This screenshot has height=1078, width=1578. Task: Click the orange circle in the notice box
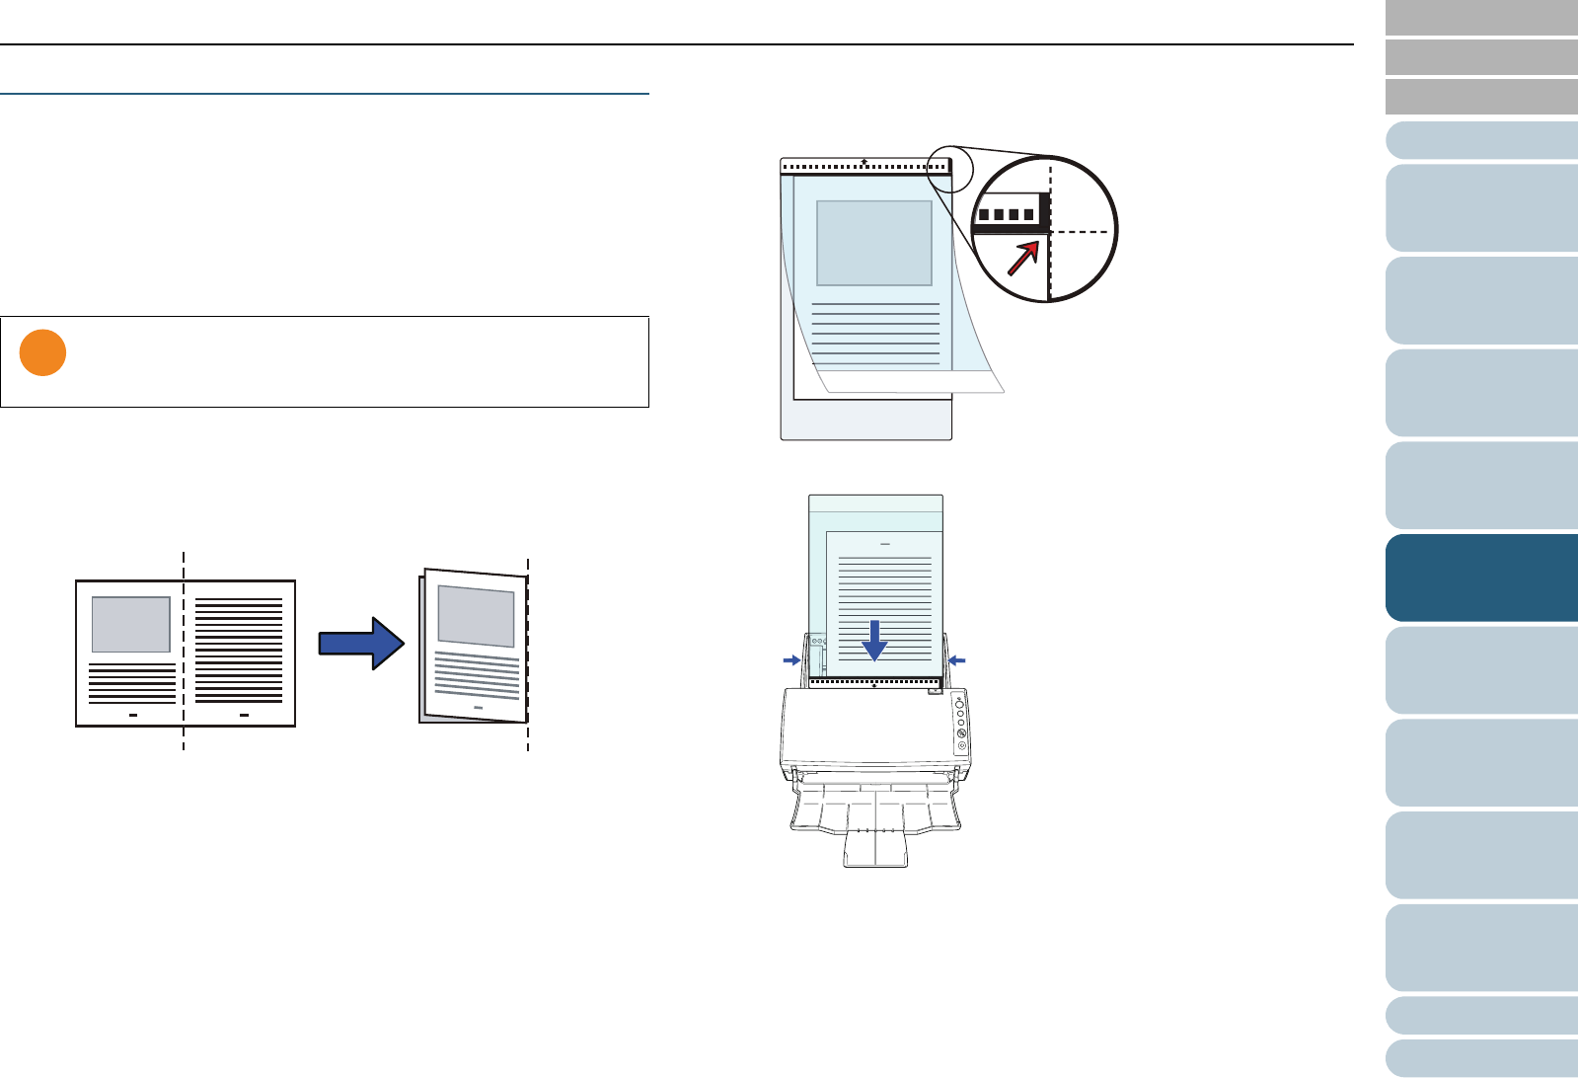pos(42,352)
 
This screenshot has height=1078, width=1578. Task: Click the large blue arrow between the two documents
pos(361,643)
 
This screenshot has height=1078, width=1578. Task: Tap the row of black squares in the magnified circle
pos(1007,214)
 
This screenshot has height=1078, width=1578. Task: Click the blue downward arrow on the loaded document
pos(874,641)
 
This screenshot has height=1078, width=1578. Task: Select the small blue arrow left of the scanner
pos(791,659)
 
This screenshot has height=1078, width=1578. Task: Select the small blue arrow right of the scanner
pos(956,659)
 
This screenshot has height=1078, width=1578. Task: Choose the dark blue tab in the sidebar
pos(1481,577)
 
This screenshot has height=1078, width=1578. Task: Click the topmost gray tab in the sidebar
pos(1481,18)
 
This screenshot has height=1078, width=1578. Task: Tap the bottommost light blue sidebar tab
pos(1481,1057)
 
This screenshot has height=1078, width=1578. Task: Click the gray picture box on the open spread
pos(130,624)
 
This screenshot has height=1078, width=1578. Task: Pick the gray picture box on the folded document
pos(477,615)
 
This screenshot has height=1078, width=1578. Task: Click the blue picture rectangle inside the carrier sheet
pos(874,243)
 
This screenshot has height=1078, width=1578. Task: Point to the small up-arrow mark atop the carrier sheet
pos(864,160)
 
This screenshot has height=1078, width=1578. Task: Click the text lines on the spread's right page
pos(239,650)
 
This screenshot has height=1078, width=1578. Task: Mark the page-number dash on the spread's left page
pos(132,713)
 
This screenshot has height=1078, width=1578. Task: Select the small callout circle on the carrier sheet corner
pos(950,169)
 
